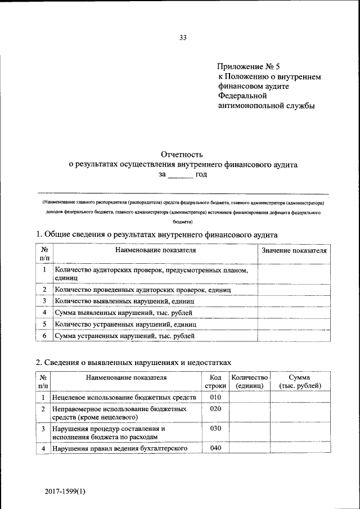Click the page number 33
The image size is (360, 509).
tap(182, 38)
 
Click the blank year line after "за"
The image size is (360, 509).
tap(180, 175)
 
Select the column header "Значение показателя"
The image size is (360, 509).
tap(294, 250)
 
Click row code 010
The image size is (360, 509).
tap(215, 397)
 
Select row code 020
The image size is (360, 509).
tap(215, 409)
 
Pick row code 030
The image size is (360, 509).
tap(215, 429)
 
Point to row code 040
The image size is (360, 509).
tap(215, 448)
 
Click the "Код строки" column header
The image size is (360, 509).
tap(215, 382)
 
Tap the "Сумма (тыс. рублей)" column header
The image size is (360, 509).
tap(300, 382)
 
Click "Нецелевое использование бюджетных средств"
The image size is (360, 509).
tap(124, 398)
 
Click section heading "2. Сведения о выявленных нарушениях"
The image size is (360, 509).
tap(133, 362)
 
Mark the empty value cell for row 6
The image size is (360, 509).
tap(294, 336)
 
